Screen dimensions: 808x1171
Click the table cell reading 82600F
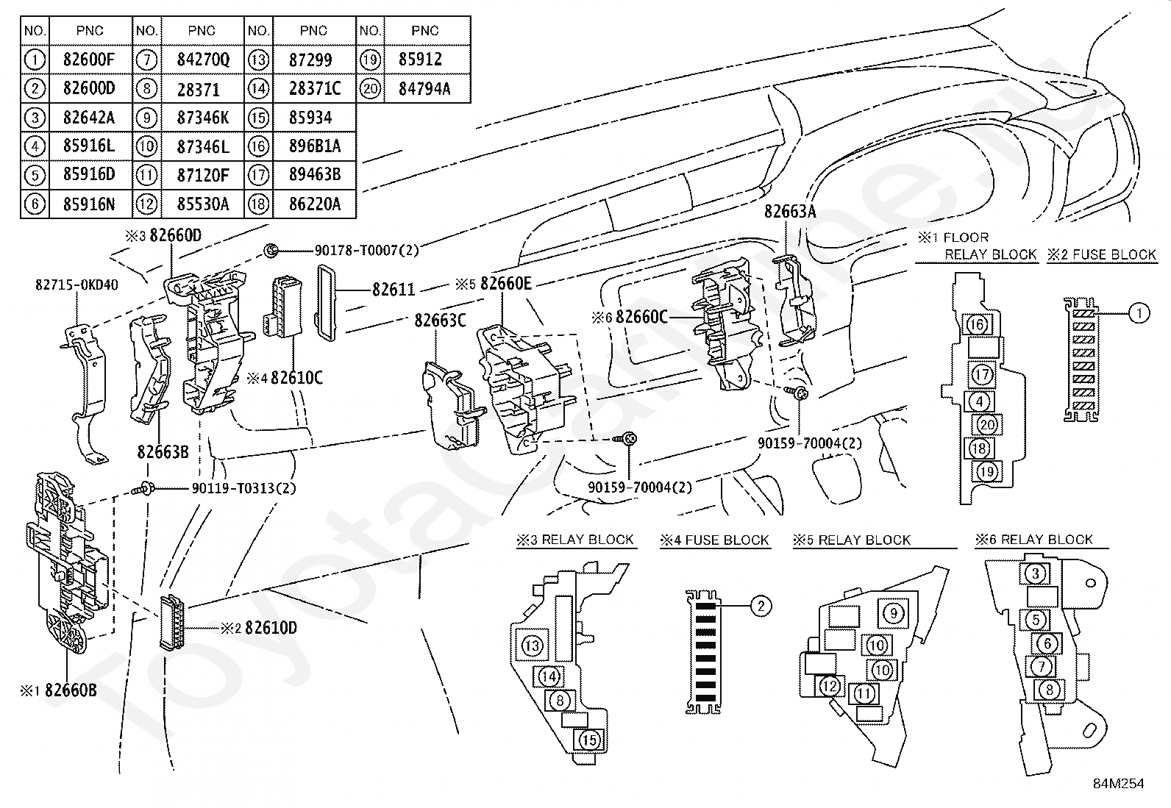(90, 60)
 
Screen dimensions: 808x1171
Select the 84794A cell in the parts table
(424, 89)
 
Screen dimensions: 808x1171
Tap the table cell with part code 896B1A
(315, 146)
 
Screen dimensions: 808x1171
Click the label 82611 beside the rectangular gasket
(394, 290)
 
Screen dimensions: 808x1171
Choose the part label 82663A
(790, 212)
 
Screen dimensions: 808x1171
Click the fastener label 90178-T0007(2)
(366, 251)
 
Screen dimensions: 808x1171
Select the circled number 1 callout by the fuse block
(1139, 314)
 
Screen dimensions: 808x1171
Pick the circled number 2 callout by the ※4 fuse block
(761, 606)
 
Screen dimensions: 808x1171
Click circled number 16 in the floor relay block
(977, 324)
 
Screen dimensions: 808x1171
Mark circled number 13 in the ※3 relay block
(532, 646)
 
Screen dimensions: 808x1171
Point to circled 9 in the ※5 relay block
(893, 613)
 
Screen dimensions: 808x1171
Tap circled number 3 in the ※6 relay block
(1035, 573)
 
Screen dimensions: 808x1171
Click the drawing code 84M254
(1118, 783)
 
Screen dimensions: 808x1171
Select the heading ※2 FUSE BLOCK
(1102, 255)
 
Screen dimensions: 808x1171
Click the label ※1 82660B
(60, 690)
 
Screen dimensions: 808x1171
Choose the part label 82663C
(440, 321)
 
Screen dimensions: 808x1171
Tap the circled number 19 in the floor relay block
(987, 471)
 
